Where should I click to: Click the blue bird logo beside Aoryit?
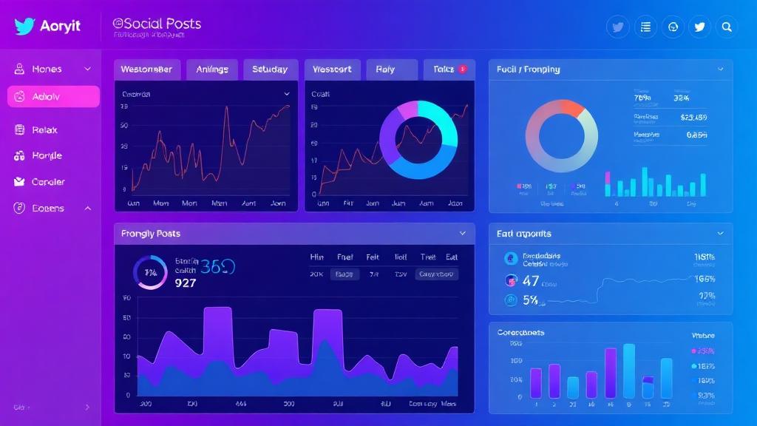coord(24,27)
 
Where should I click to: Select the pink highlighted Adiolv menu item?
coord(53,97)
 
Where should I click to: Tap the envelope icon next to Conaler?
coord(19,182)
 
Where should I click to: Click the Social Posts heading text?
coord(157,24)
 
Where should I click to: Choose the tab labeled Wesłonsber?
coord(146,70)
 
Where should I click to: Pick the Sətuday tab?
coord(270,70)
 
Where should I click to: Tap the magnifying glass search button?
coord(727,27)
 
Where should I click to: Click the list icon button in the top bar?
coord(645,27)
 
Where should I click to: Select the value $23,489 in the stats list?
coord(693,117)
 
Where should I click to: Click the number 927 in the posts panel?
coord(186,283)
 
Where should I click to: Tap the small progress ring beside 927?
coord(150,273)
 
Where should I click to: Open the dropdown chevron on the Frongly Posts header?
coord(463,234)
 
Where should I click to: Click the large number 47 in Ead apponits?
coord(531,281)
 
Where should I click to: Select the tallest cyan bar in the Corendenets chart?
coord(629,371)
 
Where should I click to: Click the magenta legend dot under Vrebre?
coord(693,351)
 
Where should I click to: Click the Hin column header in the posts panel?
coord(316,257)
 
